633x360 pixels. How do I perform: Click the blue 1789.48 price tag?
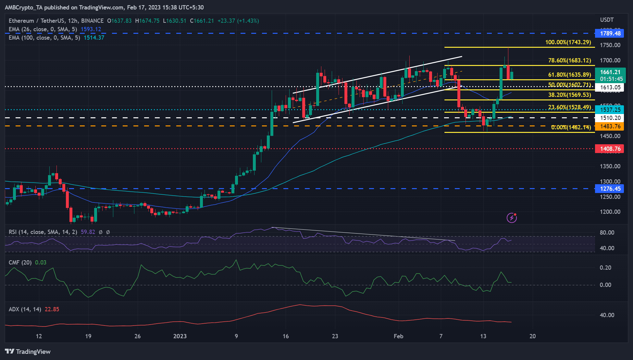[610, 33]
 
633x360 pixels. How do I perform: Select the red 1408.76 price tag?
[610, 149]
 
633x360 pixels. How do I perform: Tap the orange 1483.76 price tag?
[610, 126]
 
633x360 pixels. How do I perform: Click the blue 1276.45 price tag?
[610, 188]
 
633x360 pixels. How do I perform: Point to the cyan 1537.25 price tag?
[610, 109]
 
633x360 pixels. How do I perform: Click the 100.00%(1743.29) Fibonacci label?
[568, 42]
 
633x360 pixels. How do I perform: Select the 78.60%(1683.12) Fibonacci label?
[569, 60]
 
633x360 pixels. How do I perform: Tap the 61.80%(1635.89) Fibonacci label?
[569, 75]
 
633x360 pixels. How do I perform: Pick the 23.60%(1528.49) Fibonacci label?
[569, 107]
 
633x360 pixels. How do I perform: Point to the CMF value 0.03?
[41, 263]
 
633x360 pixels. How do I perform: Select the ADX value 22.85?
[52, 309]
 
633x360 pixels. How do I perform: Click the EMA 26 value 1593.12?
[91, 29]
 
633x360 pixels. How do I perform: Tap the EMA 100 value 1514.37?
[94, 38]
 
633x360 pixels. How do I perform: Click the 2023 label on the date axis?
[180, 336]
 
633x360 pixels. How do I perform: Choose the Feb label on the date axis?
[398, 336]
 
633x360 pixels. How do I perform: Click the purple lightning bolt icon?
[512, 218]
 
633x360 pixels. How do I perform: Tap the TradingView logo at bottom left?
[28, 352]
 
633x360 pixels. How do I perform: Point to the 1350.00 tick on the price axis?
[610, 166]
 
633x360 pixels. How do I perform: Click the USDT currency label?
[607, 20]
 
